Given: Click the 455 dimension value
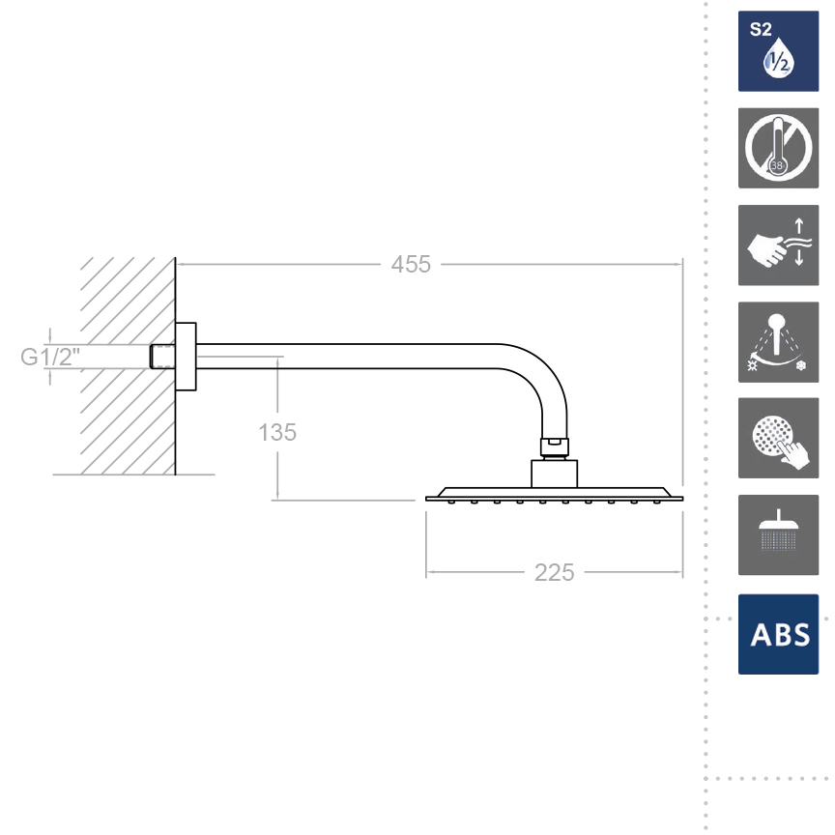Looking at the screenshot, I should pos(411,264).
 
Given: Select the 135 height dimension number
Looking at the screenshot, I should pos(277,432).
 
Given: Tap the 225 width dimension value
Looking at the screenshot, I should pos(554,572).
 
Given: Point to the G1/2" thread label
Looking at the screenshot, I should pos(51,357).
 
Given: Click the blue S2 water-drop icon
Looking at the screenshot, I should pos(778,51).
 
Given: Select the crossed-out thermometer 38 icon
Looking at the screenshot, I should pos(778,148).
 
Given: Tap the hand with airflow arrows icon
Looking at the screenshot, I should pos(778,245).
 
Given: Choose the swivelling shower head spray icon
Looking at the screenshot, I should pos(778,341).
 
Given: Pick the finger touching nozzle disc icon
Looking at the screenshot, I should pos(778,438).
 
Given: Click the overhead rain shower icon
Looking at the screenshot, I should pos(778,534).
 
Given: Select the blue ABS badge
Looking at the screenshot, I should pos(778,634).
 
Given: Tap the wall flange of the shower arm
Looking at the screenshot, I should pos(187,356).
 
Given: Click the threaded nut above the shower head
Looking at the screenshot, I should pos(554,446).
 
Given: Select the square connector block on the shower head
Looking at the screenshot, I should pos(554,474).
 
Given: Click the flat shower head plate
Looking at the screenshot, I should pos(554,496).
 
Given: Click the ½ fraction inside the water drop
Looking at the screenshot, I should pos(777,63).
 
